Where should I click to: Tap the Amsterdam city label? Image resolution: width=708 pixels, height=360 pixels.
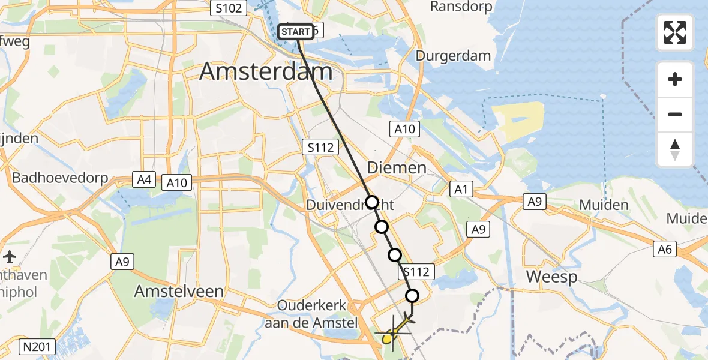265,72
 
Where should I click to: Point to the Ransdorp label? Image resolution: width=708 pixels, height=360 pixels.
461,7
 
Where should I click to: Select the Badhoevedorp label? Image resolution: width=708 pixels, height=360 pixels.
60,178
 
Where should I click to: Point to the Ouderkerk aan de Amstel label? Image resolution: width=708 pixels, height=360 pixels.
312,313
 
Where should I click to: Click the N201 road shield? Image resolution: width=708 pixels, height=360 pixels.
38,346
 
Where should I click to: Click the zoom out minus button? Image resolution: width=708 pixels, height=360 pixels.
675,114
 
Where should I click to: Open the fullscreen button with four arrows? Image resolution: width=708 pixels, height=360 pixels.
675,32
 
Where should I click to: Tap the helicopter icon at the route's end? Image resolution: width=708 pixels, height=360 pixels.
394,330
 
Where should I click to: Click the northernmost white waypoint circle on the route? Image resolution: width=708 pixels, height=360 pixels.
372,202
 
